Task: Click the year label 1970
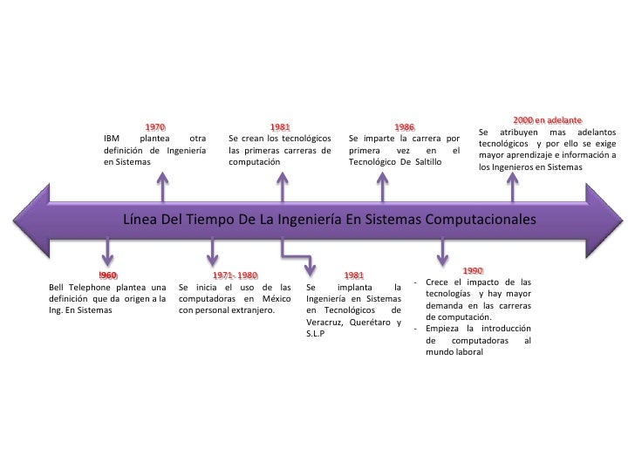(x=155, y=126)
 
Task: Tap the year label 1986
(x=405, y=126)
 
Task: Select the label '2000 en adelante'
(x=548, y=119)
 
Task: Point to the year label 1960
(x=108, y=275)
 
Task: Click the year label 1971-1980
(x=236, y=275)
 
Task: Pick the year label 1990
(x=474, y=271)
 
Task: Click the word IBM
(x=112, y=138)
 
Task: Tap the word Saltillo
(x=435, y=162)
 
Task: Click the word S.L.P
(x=315, y=334)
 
